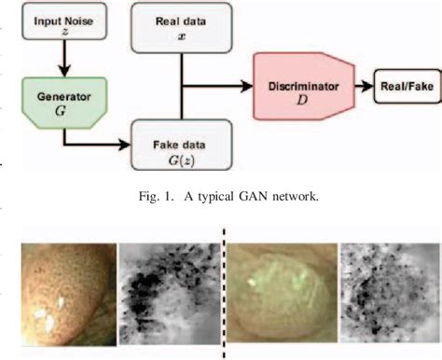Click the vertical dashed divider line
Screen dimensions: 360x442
pos(223,289)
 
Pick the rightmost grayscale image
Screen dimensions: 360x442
pos(386,289)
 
